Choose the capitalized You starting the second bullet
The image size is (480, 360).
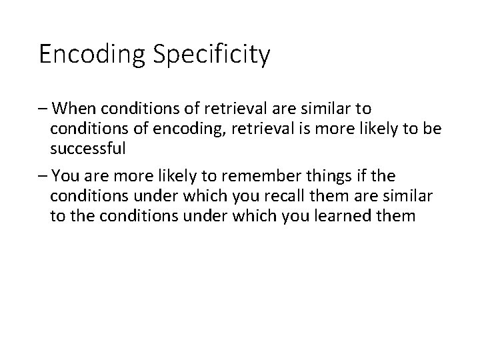pos(65,177)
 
